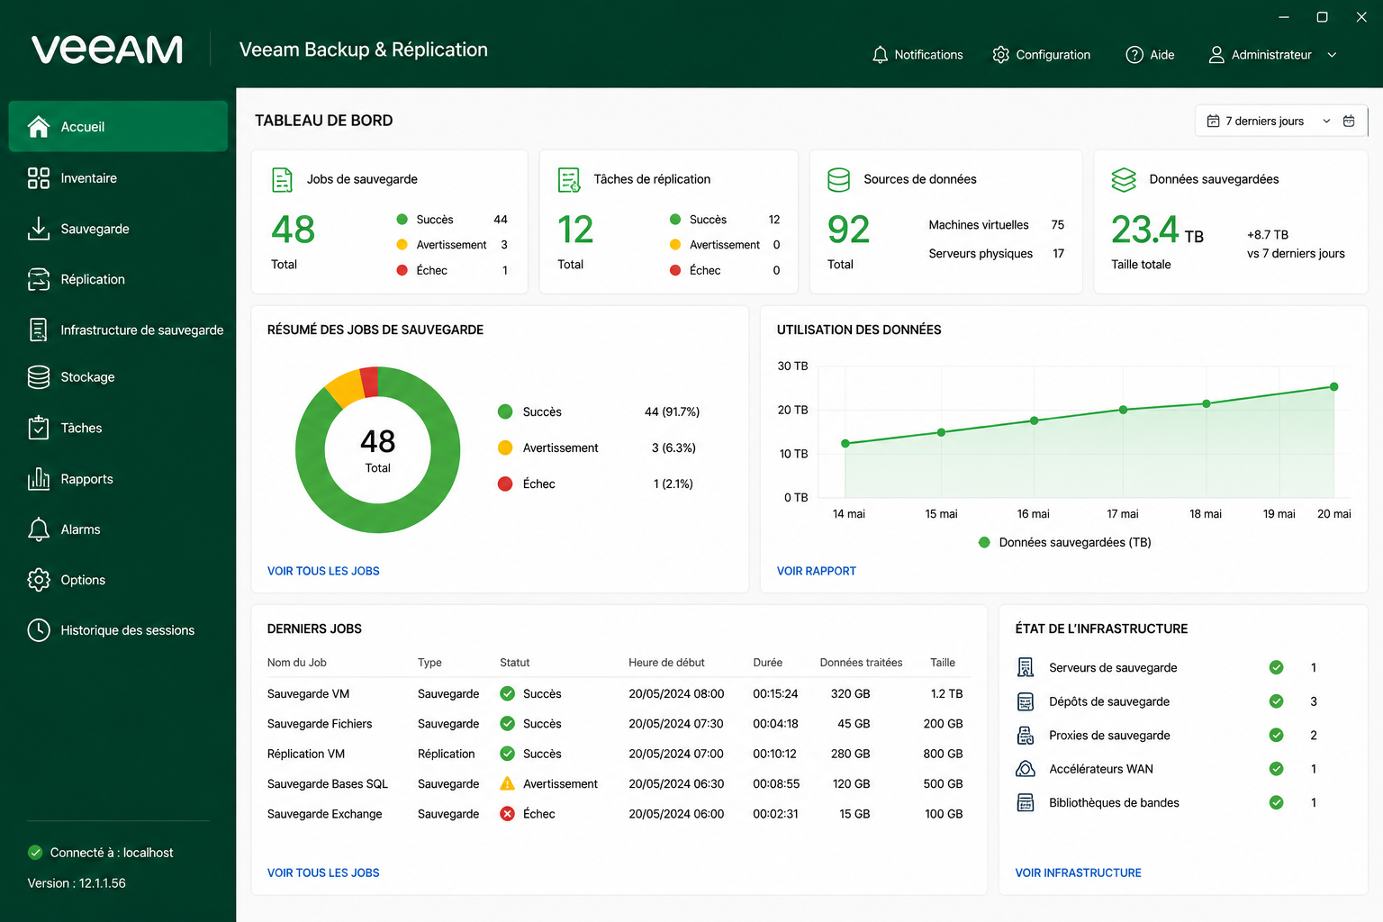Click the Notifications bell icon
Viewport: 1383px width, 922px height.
tap(879, 55)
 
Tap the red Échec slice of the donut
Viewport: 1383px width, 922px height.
tap(369, 382)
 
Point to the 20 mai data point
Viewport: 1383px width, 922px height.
tap(1333, 387)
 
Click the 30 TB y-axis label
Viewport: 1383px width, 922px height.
tap(792, 366)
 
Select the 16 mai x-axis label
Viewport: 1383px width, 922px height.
tap(1033, 514)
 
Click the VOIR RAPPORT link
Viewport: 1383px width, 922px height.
tap(817, 571)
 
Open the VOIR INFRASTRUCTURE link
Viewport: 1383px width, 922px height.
tap(1078, 872)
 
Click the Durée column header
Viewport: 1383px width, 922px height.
tap(767, 663)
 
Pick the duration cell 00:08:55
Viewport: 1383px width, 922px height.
tap(776, 783)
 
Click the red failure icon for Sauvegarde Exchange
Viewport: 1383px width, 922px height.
tap(507, 814)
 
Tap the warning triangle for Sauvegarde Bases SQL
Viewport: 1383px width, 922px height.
tap(507, 783)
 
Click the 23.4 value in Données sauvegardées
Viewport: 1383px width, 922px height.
tap(1144, 229)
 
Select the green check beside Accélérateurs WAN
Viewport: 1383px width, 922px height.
tap(1276, 769)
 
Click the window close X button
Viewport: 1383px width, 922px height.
tap(1360, 17)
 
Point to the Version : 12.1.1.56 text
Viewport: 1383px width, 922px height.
tap(77, 883)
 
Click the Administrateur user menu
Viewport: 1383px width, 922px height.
tap(1272, 55)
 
